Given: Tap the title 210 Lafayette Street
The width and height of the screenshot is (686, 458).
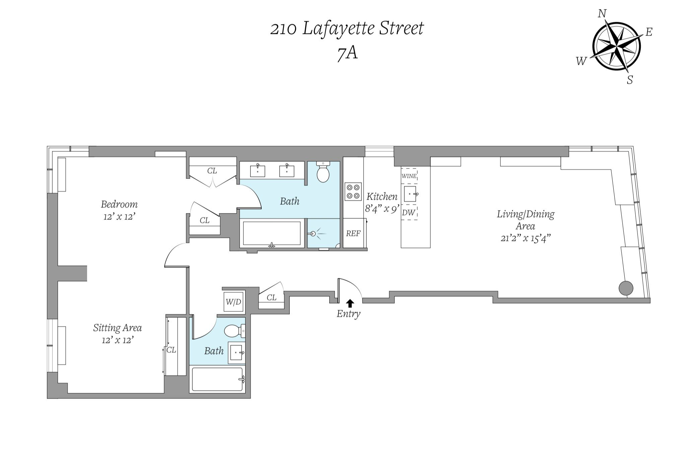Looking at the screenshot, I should [x=347, y=29].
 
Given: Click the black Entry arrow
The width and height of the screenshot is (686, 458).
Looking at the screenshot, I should [x=350, y=303].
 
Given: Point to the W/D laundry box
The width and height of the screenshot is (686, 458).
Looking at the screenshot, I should [x=233, y=302].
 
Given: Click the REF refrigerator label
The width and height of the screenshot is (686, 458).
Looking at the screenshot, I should [x=353, y=234].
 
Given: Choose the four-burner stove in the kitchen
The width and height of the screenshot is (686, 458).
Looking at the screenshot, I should [x=353, y=192].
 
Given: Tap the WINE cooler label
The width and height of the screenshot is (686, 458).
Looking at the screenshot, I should [x=409, y=176].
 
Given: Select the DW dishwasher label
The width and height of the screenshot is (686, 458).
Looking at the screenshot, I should [x=409, y=212].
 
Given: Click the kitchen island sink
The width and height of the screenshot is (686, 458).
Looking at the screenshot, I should [x=410, y=194].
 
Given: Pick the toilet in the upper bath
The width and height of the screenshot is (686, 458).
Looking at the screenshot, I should [x=323, y=172].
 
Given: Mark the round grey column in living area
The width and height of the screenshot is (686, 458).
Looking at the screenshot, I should [x=626, y=288].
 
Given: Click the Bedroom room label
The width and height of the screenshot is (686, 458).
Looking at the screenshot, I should [x=119, y=204].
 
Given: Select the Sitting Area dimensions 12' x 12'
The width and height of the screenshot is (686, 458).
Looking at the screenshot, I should [x=118, y=340].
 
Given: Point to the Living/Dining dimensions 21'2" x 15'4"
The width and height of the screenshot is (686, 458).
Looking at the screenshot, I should [x=526, y=238].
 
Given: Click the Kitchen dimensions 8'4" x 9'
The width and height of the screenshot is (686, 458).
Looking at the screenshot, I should [x=382, y=209].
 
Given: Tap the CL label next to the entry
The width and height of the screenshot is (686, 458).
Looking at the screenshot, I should [x=271, y=298].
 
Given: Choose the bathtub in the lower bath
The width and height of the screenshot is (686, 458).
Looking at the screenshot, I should [x=217, y=379].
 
